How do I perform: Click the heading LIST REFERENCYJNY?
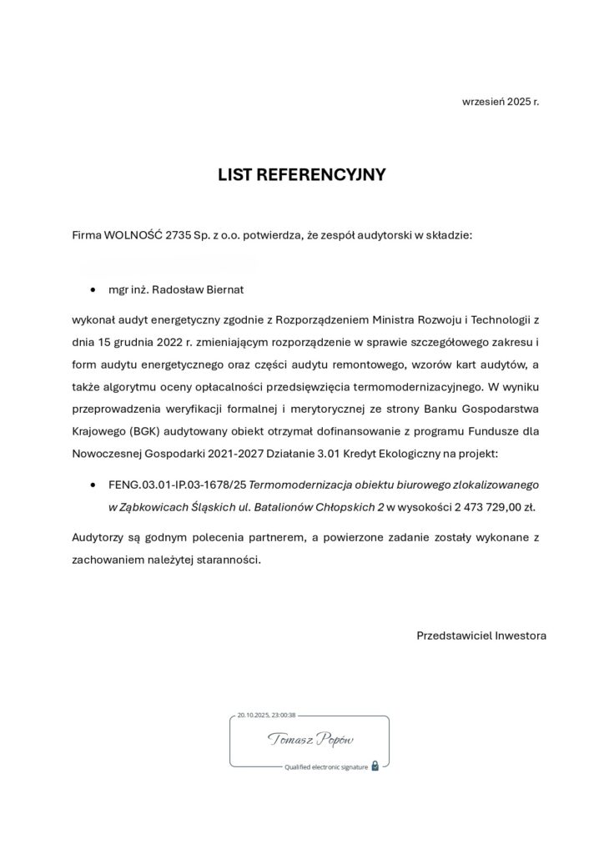pyautogui.click(x=301, y=175)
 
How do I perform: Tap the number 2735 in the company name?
pyautogui.click(x=179, y=235)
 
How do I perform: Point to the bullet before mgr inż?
pyautogui.click(x=93, y=290)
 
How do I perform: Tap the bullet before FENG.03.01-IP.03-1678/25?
pyautogui.click(x=93, y=485)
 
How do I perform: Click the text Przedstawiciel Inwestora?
pyautogui.click(x=481, y=635)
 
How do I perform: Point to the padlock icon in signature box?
pyautogui.click(x=375, y=766)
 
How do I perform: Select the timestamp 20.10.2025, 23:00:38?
pyautogui.click(x=266, y=715)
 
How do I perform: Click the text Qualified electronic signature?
pyautogui.click(x=325, y=766)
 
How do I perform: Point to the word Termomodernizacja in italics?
pyautogui.click(x=289, y=484)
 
